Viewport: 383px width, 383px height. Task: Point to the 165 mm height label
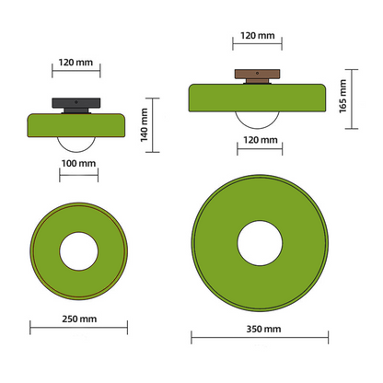pyautogui.click(x=342, y=95)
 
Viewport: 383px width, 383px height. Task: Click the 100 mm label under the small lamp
pyautogui.click(x=77, y=163)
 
